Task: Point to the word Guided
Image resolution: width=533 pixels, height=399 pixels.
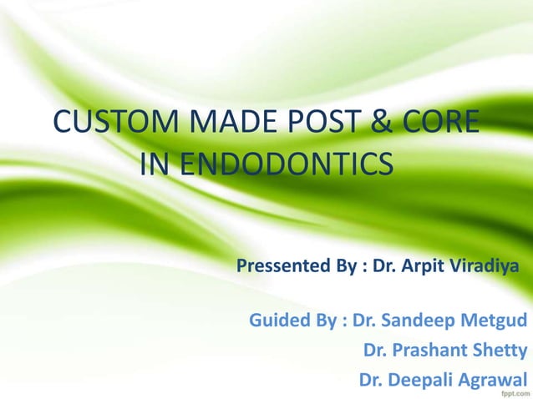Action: [x=278, y=321]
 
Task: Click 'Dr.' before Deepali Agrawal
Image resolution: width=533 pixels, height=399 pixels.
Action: [x=371, y=379]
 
